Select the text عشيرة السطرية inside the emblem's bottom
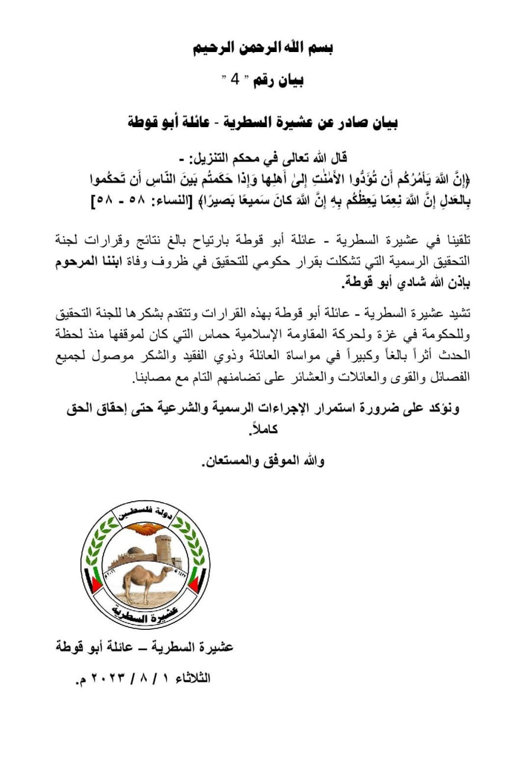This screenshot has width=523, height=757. coord(144,613)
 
